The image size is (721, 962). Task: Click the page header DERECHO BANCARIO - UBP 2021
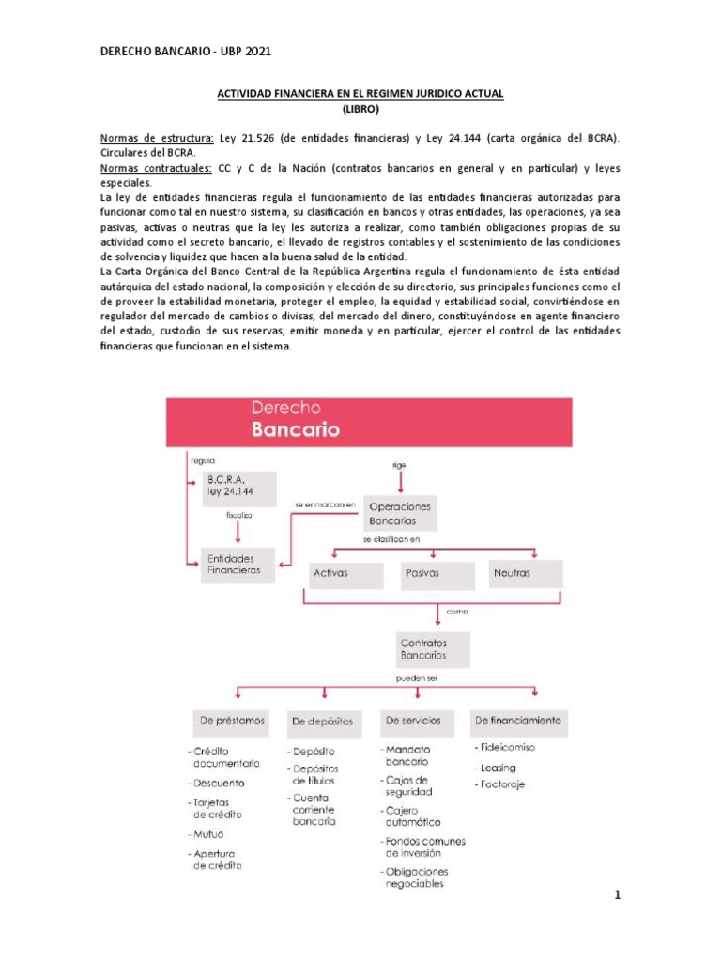pos(185,52)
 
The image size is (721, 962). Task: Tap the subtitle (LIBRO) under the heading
pos(360,109)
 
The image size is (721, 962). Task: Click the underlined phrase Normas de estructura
pos(156,138)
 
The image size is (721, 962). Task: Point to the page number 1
pos(618,895)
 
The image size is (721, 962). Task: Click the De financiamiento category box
pos(517,721)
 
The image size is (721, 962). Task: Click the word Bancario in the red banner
pos(296,430)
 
